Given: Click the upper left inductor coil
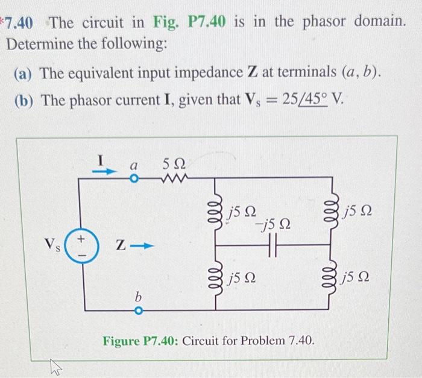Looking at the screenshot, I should point(217,210).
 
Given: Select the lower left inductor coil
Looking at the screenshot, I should point(217,279).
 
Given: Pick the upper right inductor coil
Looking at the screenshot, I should point(330,211).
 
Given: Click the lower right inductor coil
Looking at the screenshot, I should point(330,279).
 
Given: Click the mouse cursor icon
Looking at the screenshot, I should point(55,365).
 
